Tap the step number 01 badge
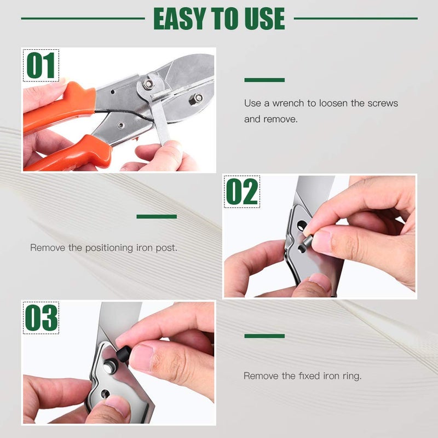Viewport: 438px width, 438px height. pos(41,66)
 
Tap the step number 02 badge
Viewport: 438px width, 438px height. pos(242,192)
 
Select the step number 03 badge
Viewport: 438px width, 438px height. pos(41,318)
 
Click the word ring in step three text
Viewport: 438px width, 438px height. pos(351,376)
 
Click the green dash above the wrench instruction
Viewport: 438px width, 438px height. pos(264,80)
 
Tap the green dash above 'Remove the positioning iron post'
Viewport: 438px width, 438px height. pos(157,217)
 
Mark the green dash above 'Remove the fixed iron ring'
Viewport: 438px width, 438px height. pos(264,336)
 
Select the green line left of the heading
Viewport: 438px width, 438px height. pos(82,19)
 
